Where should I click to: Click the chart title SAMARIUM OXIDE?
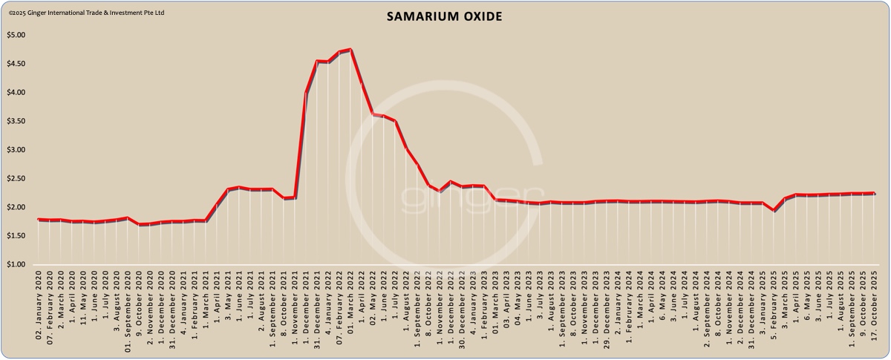pyautogui.click(x=444, y=16)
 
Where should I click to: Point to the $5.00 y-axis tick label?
pyautogui.click(x=16, y=35)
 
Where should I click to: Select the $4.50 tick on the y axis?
pyautogui.click(x=16, y=64)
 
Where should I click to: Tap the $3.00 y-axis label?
pyautogui.click(x=16, y=150)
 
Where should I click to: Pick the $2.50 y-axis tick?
pyautogui.click(x=16, y=179)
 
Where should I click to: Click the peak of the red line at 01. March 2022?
pyautogui.click(x=350, y=50)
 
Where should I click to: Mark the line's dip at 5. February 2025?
pyautogui.click(x=775, y=210)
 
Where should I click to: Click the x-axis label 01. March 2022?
pyautogui.click(x=350, y=312)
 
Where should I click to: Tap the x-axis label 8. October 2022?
pyautogui.click(x=428, y=312)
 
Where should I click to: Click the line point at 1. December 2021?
pyautogui.click(x=307, y=92)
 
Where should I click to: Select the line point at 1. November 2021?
pyautogui.click(x=296, y=197)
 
